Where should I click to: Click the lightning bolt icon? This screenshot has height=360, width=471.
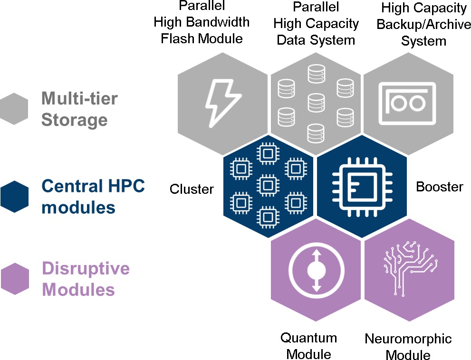coord(222,101)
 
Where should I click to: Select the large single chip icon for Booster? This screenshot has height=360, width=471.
coord(362,186)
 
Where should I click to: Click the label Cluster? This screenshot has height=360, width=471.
coord(192,189)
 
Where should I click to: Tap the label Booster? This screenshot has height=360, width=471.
coord(440,187)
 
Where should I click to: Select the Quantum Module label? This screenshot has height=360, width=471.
coord(309,346)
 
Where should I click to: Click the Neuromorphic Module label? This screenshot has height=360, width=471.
coord(408,347)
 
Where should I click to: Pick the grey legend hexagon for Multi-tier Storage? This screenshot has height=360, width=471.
coord(14,109)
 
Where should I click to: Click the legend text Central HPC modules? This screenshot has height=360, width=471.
coord(93,196)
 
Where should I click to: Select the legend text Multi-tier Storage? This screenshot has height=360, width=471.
coord(79,109)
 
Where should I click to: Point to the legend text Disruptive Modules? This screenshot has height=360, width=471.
coord(86,279)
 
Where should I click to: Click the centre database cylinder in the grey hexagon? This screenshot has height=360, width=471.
coord(316,102)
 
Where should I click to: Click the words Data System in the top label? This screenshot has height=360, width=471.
coord(316,39)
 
